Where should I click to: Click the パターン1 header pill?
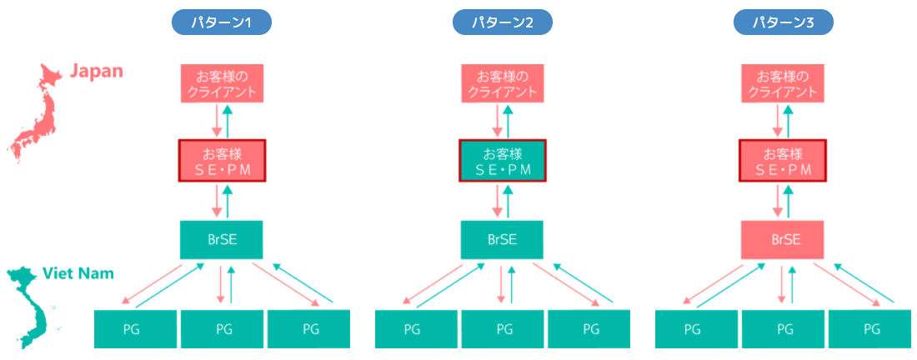click(222, 22)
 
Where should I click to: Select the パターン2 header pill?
click(502, 22)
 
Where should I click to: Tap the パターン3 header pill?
click(783, 22)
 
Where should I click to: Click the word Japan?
click(96, 71)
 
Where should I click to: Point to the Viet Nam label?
click(78, 273)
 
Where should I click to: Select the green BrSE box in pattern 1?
click(222, 240)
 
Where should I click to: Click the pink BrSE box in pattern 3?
click(783, 240)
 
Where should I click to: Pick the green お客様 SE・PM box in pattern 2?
click(502, 161)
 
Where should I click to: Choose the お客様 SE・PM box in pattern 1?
click(222, 161)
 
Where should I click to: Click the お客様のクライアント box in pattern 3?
click(783, 82)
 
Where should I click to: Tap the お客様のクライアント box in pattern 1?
click(222, 82)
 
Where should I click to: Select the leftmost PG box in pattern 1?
click(136, 328)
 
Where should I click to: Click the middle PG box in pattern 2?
click(504, 328)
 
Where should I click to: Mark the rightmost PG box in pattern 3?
click(871, 328)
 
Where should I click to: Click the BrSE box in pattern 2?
click(502, 240)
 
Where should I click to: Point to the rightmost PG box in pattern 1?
click(309, 328)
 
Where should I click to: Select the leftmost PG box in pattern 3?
click(697, 328)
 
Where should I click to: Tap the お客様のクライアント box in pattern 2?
click(502, 82)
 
